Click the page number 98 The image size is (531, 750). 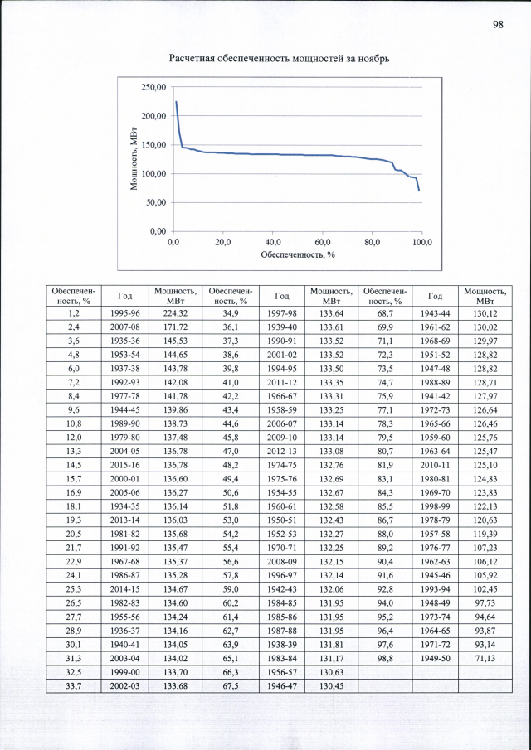click(498, 24)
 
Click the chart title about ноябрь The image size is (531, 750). click(279, 59)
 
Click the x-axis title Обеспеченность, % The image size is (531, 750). click(297, 254)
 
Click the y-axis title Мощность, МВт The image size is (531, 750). click(134, 159)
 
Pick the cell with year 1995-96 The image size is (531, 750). click(124, 314)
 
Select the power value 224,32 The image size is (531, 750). click(175, 314)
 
